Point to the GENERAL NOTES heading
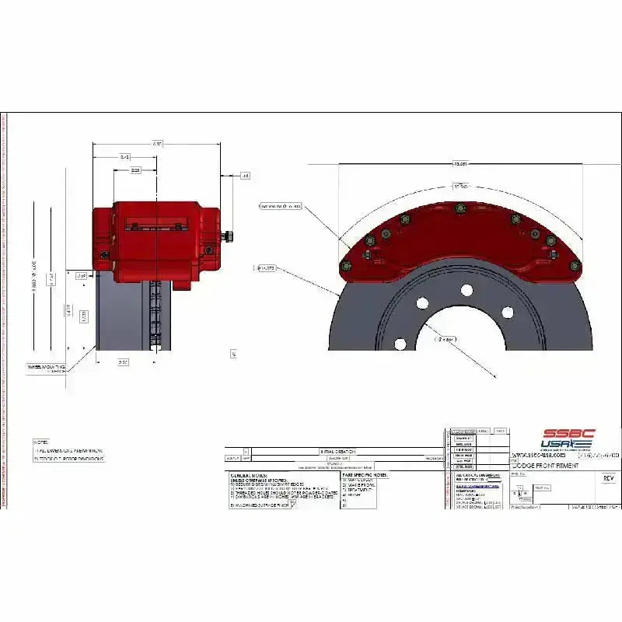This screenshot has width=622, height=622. click(249, 474)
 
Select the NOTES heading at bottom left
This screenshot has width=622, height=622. click(40, 442)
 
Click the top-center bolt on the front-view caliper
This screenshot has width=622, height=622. click(459, 208)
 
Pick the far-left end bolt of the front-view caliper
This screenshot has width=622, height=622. click(346, 267)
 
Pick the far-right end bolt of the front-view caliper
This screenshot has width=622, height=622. click(575, 266)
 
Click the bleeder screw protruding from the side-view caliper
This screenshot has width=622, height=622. click(229, 235)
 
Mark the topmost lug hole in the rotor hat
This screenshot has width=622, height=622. click(466, 290)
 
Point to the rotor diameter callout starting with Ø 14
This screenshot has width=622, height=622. click(266, 268)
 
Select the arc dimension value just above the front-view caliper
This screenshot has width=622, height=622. click(460, 187)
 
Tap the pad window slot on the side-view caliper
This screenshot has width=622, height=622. click(158, 223)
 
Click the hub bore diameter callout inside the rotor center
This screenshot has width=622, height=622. click(448, 339)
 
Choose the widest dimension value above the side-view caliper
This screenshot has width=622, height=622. click(158, 144)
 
